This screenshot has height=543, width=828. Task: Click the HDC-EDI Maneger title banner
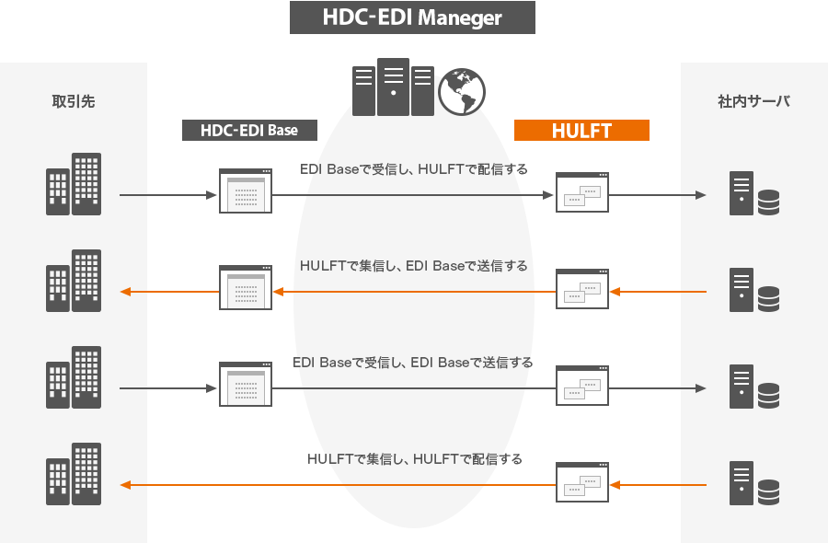[x=412, y=17]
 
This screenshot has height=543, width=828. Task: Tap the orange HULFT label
[x=581, y=131]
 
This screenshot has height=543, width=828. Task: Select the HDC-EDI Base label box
[x=249, y=131]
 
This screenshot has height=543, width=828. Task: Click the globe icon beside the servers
[x=462, y=91]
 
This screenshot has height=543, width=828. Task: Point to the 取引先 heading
[x=74, y=101]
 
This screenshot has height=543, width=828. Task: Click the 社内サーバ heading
[x=753, y=101]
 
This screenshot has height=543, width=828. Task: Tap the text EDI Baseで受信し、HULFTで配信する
[x=413, y=169]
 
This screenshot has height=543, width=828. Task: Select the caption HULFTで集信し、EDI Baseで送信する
[x=413, y=266]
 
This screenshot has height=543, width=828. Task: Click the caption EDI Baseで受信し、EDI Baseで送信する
[x=412, y=363]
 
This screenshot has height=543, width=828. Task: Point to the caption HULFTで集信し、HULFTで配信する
[x=415, y=459]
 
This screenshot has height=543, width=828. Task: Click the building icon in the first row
[x=74, y=184]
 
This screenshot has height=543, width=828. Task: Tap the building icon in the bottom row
[x=74, y=474]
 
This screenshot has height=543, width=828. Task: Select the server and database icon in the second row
[x=754, y=290]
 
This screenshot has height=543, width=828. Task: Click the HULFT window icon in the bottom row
[x=582, y=482]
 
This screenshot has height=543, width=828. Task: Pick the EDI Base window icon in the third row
[x=246, y=384]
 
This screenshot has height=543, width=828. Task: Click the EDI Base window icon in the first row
[x=246, y=191]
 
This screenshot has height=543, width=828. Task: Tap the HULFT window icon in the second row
[x=582, y=289]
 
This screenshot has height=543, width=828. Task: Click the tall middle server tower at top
[x=393, y=87]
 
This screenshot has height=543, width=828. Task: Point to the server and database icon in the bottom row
[x=754, y=483]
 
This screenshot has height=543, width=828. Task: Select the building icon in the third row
[x=74, y=377]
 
